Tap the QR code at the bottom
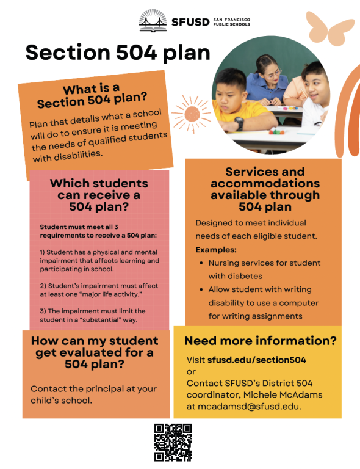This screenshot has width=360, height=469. pos(173,442)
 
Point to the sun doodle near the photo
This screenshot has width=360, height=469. pos(190,112)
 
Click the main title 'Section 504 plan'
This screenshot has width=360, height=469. pos(118,53)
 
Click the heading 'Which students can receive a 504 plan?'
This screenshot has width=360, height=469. pos(99,195)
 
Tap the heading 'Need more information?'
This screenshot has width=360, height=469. pos(260,341)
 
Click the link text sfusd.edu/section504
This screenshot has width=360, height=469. pos(256,360)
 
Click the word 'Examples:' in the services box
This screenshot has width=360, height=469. pos(216,250)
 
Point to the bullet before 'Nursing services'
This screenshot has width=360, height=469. pos(201,263)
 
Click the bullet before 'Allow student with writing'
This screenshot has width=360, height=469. pos(201,289)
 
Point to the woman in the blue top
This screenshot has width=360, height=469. pos(269,79)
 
